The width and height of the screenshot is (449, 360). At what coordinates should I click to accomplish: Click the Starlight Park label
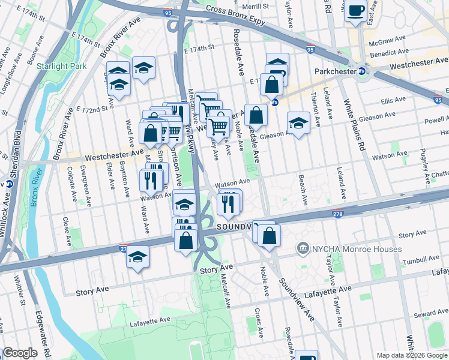pyautogui.click(x=61, y=65)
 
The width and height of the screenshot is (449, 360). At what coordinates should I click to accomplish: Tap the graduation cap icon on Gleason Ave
pyautogui.click(x=298, y=123)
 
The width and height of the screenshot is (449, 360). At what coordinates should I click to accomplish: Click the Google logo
pyautogui.click(x=19, y=353)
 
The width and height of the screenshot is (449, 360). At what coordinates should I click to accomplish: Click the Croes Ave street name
pyautogui.click(x=258, y=322)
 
